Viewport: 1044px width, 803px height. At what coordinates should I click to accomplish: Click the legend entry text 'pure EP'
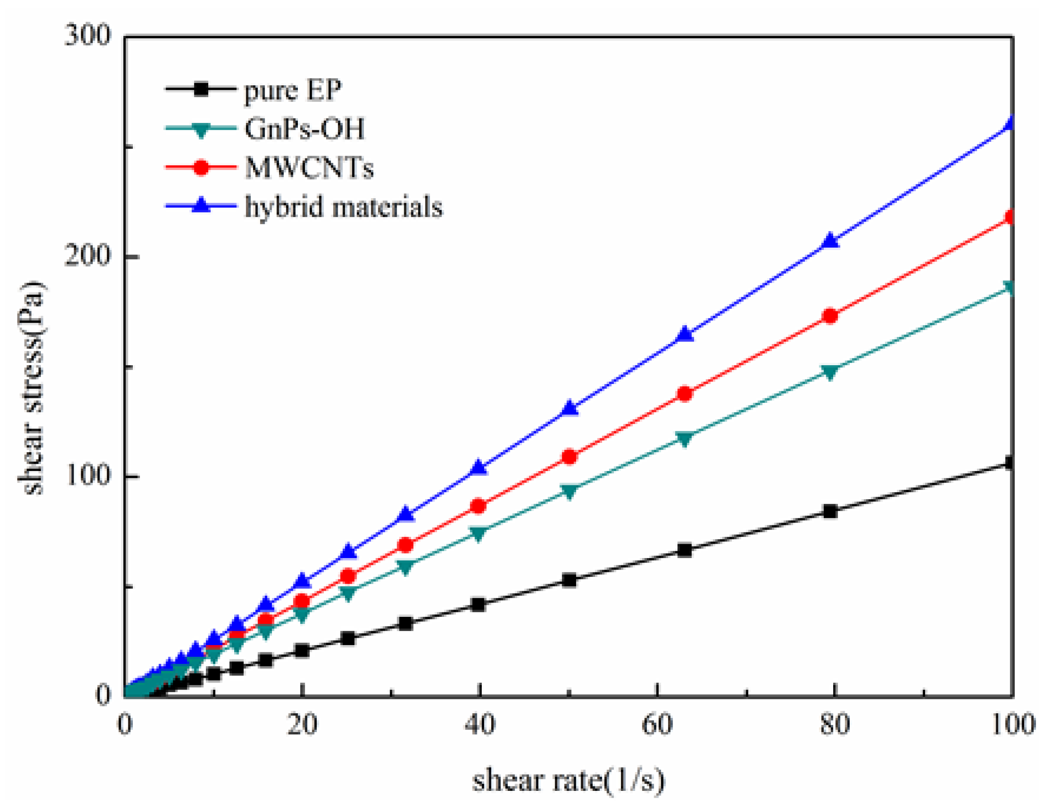click(x=293, y=90)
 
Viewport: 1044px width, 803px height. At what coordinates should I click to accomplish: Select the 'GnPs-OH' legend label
click(x=305, y=129)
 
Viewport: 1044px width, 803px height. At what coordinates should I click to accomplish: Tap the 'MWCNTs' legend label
click(x=309, y=168)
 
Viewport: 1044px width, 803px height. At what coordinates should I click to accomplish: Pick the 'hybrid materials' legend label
click(x=344, y=207)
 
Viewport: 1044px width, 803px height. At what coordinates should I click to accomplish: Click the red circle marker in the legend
click(x=201, y=167)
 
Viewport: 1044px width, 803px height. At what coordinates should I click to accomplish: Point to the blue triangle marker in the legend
click(x=201, y=205)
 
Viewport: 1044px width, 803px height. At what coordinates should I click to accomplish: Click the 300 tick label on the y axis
click(x=87, y=36)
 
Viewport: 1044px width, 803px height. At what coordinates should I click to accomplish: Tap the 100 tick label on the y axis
click(x=87, y=476)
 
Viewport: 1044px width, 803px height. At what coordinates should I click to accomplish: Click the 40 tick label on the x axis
click(x=480, y=724)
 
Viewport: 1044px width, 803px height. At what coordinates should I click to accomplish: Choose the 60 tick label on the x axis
click(x=657, y=724)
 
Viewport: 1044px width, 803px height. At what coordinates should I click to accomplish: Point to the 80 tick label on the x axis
click(x=834, y=724)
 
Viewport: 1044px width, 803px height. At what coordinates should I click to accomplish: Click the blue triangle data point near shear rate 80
click(x=831, y=241)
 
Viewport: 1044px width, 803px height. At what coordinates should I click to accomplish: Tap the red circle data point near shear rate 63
click(x=685, y=394)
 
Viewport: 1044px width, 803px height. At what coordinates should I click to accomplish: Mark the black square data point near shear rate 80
click(x=831, y=511)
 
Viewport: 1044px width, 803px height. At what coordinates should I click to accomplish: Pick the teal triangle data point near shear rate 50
click(x=569, y=491)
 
